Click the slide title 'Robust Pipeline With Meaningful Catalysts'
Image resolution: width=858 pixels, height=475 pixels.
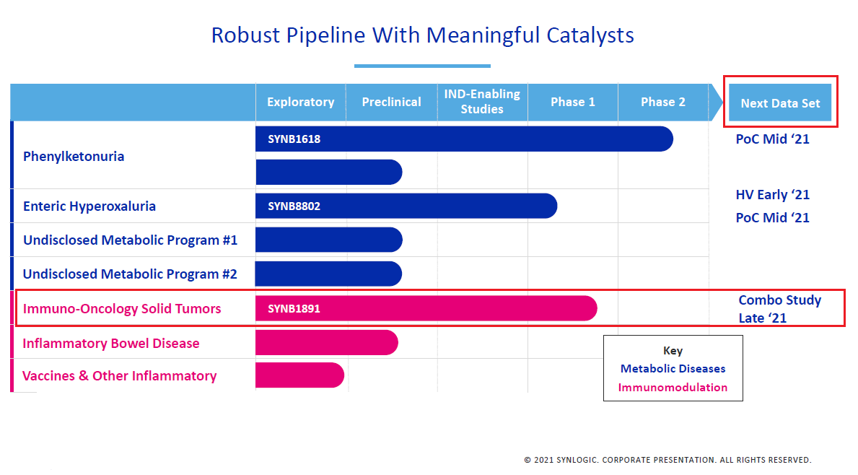click(x=422, y=35)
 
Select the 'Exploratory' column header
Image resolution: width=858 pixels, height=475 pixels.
click(x=300, y=102)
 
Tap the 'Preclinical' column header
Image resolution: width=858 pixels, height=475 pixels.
click(x=391, y=102)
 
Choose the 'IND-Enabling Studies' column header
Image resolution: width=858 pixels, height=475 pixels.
click(x=482, y=102)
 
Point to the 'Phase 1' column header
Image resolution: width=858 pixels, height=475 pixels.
click(x=573, y=102)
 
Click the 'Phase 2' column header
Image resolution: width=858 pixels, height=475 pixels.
click(x=663, y=102)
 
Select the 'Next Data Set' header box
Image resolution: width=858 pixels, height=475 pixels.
click(x=780, y=103)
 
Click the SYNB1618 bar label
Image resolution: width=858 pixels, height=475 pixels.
click(x=294, y=139)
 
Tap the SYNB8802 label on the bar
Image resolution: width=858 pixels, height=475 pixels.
click(x=294, y=206)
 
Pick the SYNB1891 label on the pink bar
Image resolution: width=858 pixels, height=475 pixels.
click(x=294, y=308)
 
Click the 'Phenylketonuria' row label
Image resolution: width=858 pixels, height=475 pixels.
click(x=74, y=156)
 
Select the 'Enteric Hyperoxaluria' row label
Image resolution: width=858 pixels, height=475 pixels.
click(x=89, y=206)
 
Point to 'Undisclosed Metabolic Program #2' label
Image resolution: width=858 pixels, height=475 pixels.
click(x=130, y=274)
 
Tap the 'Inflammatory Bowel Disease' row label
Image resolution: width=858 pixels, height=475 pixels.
click(x=111, y=343)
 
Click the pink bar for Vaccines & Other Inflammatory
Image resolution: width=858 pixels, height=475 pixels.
click(x=299, y=375)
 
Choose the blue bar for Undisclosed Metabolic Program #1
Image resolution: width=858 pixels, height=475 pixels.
click(x=328, y=240)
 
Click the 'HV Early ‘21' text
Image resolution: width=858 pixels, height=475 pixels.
click(x=773, y=195)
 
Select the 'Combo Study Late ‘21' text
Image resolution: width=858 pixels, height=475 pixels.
click(x=779, y=309)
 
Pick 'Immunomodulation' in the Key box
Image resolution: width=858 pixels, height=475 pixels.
click(x=673, y=387)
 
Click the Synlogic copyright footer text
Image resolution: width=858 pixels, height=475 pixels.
click(x=667, y=460)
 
